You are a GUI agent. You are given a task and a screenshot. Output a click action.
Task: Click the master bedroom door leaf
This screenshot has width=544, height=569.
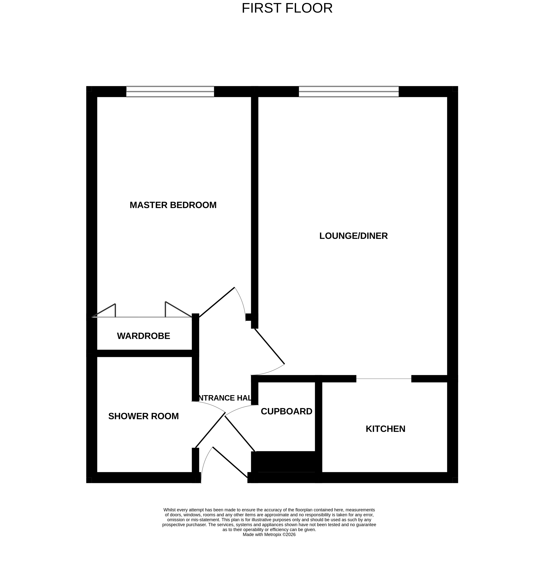coord(217,302)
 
